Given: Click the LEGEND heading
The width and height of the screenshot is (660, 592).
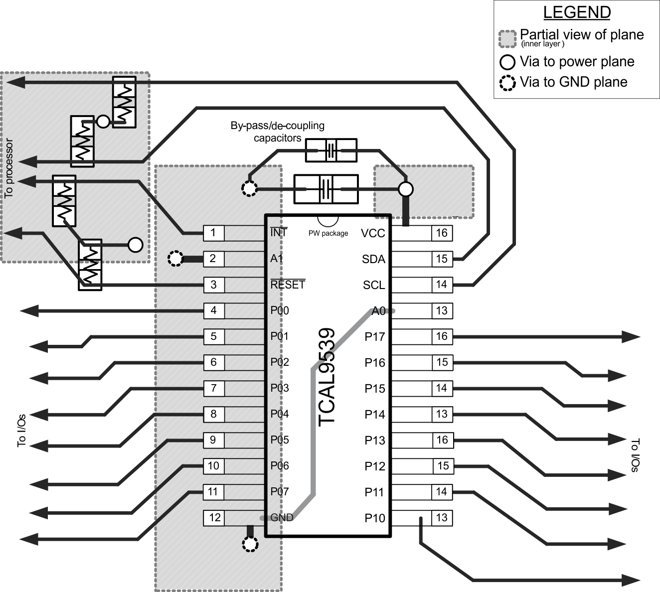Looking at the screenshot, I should (x=577, y=12).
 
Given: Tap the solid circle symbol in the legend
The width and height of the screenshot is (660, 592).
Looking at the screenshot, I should (x=507, y=62).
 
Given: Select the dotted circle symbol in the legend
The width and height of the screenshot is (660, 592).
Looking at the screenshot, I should (x=507, y=83).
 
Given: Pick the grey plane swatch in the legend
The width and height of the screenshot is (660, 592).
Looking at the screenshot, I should (x=507, y=39).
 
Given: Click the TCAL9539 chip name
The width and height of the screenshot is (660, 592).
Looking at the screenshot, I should (x=327, y=377).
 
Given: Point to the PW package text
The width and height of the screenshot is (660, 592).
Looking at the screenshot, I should (x=328, y=233).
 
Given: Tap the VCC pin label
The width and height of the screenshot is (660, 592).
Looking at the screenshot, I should (x=373, y=233).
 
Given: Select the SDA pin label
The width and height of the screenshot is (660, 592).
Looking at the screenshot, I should (x=373, y=259).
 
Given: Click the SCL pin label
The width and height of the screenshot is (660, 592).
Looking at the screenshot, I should (x=373, y=285).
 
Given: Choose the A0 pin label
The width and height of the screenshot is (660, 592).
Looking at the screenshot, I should (x=379, y=311).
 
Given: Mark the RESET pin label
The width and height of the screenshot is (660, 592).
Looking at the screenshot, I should (x=288, y=285).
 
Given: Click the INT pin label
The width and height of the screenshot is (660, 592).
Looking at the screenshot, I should (x=279, y=232).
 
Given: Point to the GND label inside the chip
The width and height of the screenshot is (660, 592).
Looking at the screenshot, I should (x=282, y=517).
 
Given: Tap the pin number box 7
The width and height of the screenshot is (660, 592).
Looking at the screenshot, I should (x=214, y=388).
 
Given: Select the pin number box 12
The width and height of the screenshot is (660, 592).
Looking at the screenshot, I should (x=214, y=517).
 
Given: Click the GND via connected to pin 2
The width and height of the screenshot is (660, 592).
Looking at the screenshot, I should (x=175, y=258).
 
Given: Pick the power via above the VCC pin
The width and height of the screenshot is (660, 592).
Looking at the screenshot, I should (x=406, y=189).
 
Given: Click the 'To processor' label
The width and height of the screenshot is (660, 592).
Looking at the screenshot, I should (x=8, y=168).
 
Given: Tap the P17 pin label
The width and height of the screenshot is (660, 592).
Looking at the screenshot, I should (x=374, y=337).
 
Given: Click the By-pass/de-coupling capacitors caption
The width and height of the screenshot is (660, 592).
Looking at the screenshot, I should (x=277, y=132).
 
